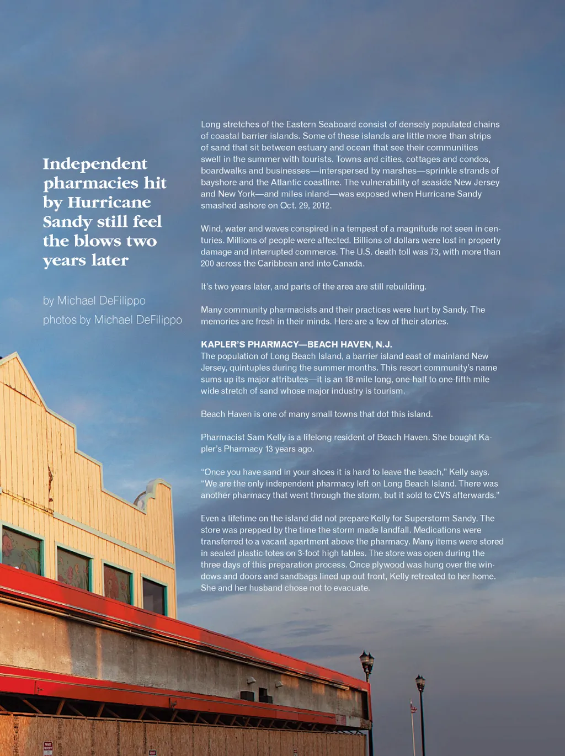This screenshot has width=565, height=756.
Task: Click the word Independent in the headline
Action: [x=95, y=164]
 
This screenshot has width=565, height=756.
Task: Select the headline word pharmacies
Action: [x=91, y=183]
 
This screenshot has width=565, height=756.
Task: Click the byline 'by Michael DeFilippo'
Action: [x=94, y=301]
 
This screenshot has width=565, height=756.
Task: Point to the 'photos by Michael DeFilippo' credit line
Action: [x=113, y=320]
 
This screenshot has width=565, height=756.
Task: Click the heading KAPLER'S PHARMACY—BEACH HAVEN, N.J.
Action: [x=296, y=344]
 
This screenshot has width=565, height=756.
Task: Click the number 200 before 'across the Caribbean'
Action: [x=207, y=264]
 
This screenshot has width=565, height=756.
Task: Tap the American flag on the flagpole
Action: [x=412, y=706]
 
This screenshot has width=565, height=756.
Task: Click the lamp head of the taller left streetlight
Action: [x=367, y=659]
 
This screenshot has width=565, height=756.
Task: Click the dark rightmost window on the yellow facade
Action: [x=154, y=597]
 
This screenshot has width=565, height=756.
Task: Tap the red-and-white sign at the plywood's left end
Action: [x=48, y=747]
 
